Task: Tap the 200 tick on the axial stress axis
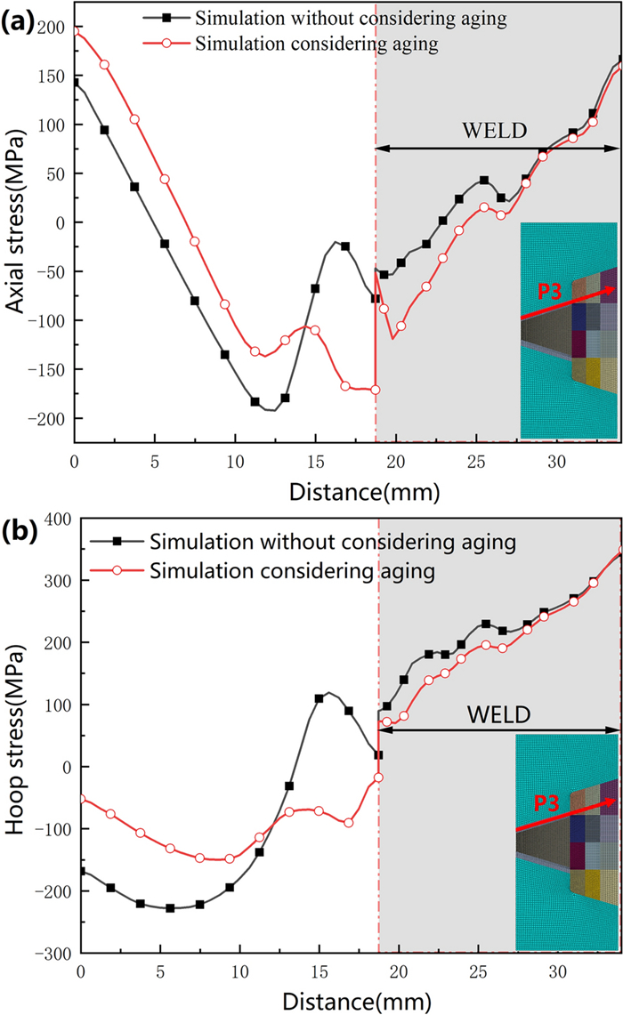coord(53,28)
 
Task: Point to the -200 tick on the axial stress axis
coord(47,418)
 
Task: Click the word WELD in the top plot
coord(494,131)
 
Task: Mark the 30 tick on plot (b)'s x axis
coord(558,971)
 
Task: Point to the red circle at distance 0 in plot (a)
coord(75,31)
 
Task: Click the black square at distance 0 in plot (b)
coord(81,871)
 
